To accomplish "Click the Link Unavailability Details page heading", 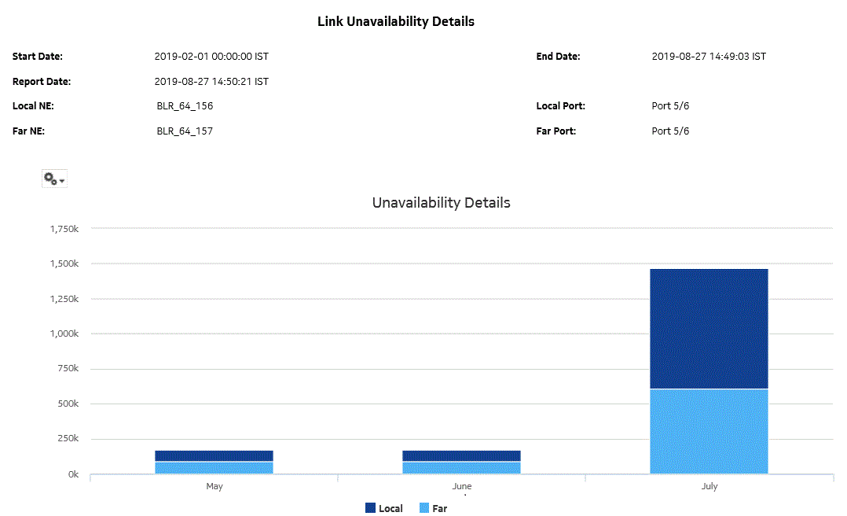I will click(395, 22).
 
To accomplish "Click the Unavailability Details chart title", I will click(441, 203).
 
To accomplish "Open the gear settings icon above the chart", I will click(53, 179).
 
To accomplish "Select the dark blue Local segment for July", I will click(709, 329).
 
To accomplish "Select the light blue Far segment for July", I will click(709, 431).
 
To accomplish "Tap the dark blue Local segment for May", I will click(214, 456).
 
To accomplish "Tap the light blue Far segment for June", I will click(461, 467).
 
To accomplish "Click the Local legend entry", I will click(383, 508).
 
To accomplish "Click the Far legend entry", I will click(433, 508).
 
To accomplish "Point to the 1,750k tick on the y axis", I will click(62, 229).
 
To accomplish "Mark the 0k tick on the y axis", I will click(72, 474).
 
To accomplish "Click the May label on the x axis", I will click(214, 487).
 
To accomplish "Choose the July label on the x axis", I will click(709, 487).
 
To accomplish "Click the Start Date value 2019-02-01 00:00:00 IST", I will click(211, 57).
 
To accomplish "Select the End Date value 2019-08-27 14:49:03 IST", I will click(709, 57).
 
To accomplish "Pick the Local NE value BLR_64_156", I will click(185, 106).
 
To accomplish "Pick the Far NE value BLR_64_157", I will click(185, 131).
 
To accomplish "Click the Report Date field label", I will click(42, 82).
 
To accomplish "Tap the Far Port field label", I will click(556, 131).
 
